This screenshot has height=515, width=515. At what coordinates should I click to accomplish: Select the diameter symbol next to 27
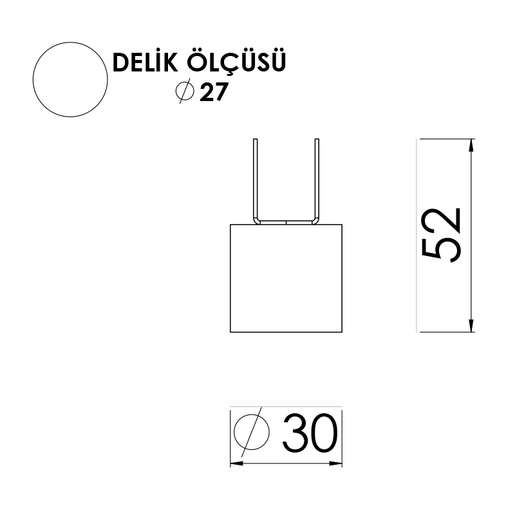(x=185, y=92)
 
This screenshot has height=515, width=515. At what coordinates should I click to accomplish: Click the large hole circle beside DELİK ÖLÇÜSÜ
(x=70, y=80)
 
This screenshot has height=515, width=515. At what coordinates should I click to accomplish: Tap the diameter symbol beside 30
(x=252, y=431)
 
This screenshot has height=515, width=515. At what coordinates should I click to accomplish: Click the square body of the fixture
(x=286, y=278)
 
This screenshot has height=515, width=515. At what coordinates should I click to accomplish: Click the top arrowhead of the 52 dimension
(x=472, y=145)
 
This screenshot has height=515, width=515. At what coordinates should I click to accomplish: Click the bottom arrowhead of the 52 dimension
(x=472, y=326)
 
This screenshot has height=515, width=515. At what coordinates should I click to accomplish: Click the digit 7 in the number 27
(x=220, y=93)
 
